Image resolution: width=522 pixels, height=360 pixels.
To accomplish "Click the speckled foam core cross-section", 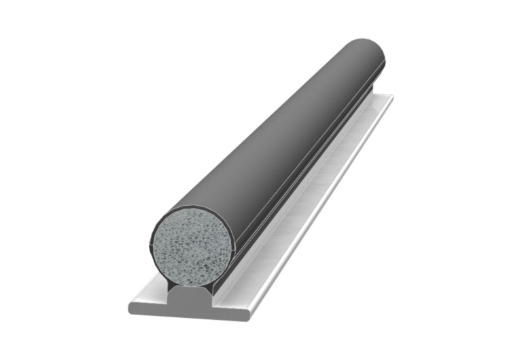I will (x=192, y=245).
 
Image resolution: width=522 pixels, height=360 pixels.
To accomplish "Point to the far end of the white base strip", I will (x=387, y=98).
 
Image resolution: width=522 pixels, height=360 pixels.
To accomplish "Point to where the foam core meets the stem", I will (x=192, y=283).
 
